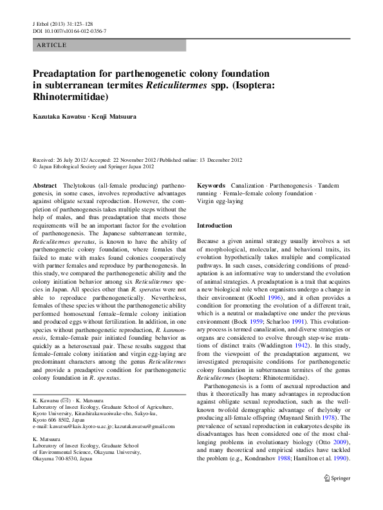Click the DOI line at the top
click(x=70, y=30)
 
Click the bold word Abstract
click(x=44, y=185)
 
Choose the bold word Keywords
click(x=211, y=185)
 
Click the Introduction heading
click(x=214, y=226)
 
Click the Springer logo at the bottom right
click(x=336, y=478)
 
